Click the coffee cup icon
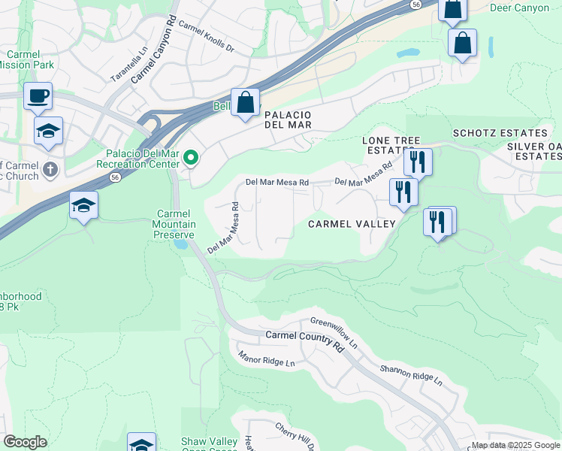point(38,96)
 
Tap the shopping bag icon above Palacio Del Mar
point(245,103)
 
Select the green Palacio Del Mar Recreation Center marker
point(191,158)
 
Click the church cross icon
point(50,168)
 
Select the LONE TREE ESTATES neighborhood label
point(388,145)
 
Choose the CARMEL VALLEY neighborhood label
point(352,224)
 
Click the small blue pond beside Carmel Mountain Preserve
point(180,244)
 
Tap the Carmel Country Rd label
point(304,340)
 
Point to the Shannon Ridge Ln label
point(410,374)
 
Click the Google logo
point(25,442)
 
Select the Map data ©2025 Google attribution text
point(515,445)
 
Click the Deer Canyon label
point(519,8)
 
